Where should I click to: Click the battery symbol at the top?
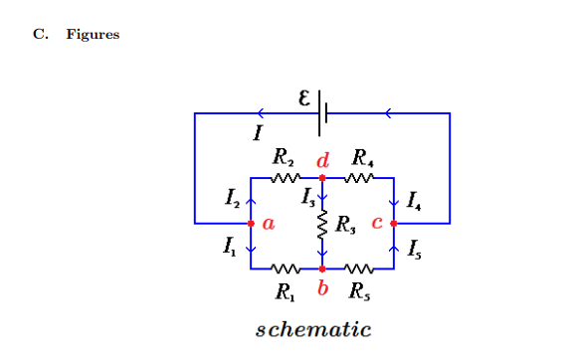(321, 113)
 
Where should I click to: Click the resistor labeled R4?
(359, 179)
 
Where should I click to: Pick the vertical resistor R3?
(322, 226)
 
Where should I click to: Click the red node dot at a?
(251, 224)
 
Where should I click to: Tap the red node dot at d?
(322, 179)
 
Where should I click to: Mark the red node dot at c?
(395, 224)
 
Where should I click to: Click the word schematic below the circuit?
(313, 329)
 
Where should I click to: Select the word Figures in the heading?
(93, 35)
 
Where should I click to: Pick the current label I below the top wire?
(259, 132)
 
